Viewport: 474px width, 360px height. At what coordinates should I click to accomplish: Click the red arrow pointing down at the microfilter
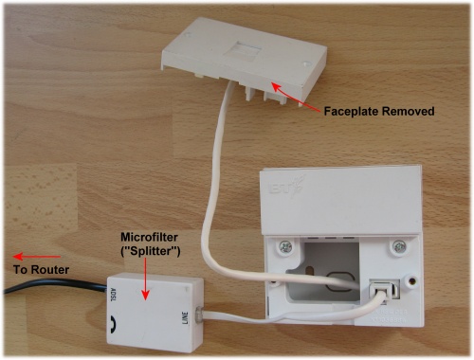[x=144, y=279]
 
